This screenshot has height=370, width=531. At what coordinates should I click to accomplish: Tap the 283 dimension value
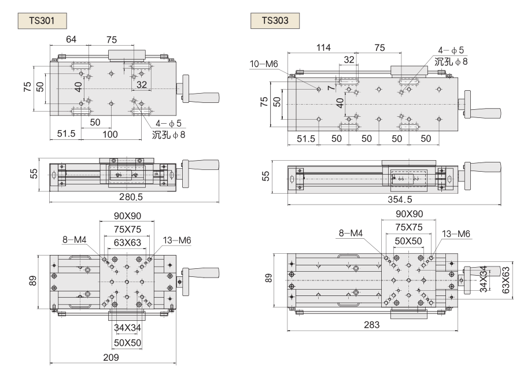[371, 325]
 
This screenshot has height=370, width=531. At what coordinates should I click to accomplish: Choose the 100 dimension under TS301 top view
[110, 134]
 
